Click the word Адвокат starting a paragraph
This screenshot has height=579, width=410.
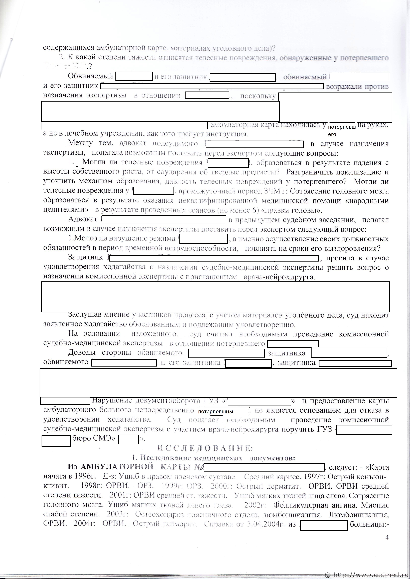[83, 219]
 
